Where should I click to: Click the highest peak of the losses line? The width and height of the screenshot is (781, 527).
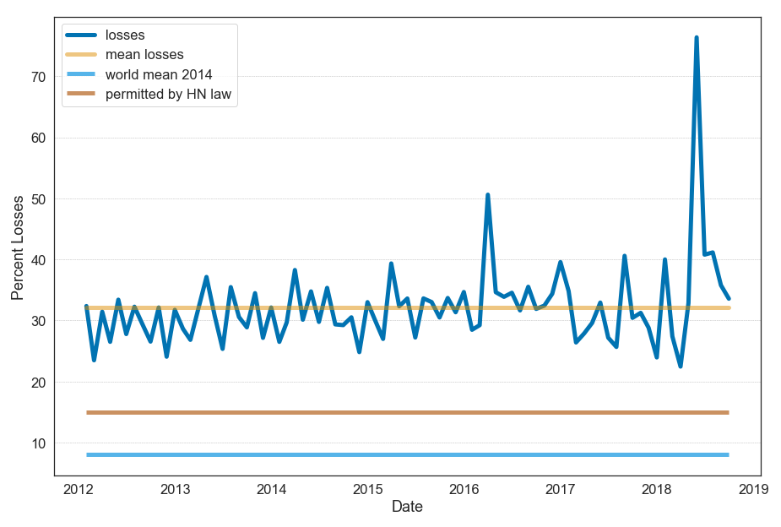(x=697, y=38)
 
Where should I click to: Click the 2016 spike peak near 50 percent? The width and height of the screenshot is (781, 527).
(x=488, y=195)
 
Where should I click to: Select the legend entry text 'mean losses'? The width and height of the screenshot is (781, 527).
(x=144, y=55)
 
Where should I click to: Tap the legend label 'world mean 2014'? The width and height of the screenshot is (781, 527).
(x=158, y=75)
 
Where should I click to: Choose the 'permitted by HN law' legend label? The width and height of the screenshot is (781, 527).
(x=168, y=95)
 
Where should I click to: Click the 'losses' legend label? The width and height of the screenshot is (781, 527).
(x=125, y=35)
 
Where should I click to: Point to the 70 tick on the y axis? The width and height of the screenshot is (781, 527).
(x=38, y=77)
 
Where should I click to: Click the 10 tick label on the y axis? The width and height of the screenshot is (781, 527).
(x=38, y=443)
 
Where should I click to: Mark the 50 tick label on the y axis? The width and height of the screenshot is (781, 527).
(x=38, y=199)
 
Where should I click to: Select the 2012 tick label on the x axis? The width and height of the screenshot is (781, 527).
(x=78, y=489)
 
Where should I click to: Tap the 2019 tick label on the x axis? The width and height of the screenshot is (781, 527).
(x=754, y=489)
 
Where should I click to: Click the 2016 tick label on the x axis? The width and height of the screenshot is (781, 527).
(x=464, y=489)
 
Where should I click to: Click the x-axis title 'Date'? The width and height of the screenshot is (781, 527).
(x=407, y=508)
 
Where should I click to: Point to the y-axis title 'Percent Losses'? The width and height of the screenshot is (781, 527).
(x=17, y=247)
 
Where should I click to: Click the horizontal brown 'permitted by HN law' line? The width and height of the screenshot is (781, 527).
(x=405, y=413)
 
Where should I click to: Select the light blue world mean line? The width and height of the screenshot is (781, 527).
(x=405, y=455)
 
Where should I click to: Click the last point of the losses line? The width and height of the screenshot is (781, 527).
(x=729, y=298)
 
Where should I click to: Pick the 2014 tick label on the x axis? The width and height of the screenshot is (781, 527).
(x=271, y=489)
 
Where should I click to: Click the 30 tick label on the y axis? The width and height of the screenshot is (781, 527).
(x=38, y=321)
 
